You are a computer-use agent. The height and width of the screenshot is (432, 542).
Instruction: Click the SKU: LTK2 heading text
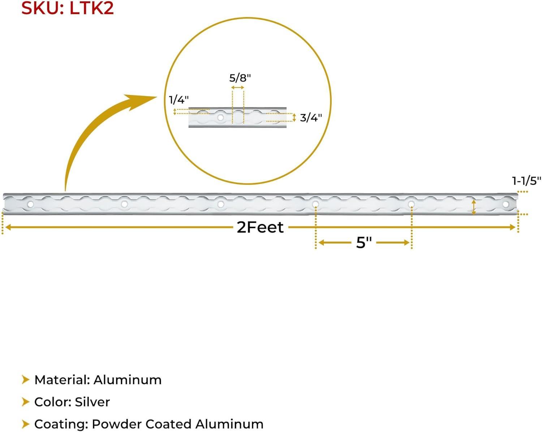click(68, 9)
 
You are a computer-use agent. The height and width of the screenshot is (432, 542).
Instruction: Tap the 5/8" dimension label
click(240, 78)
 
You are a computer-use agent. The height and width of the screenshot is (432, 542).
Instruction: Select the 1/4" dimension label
click(179, 99)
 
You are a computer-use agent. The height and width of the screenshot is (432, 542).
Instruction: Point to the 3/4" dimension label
click(311, 117)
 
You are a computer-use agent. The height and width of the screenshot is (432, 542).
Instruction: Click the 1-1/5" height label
click(526, 181)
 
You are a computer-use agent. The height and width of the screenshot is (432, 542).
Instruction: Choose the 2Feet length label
click(260, 227)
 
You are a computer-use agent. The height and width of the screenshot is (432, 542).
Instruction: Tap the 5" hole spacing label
click(364, 243)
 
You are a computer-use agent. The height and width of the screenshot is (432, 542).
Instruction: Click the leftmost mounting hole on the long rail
click(31, 205)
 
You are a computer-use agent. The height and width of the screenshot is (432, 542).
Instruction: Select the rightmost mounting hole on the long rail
click(506, 205)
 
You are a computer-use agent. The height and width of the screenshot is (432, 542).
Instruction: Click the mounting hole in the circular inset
click(220, 117)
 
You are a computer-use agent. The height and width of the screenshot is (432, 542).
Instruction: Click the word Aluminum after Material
click(128, 380)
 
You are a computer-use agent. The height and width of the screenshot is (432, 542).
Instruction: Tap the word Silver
click(92, 402)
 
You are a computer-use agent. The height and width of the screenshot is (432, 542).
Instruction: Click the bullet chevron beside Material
click(25, 380)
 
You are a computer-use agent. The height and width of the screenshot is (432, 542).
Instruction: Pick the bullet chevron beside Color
click(25, 402)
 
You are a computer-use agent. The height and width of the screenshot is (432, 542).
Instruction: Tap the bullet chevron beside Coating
click(25, 424)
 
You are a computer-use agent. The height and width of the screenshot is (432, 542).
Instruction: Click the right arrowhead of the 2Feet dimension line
click(513, 227)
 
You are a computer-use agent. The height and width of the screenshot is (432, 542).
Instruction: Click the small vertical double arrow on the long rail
click(474, 207)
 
